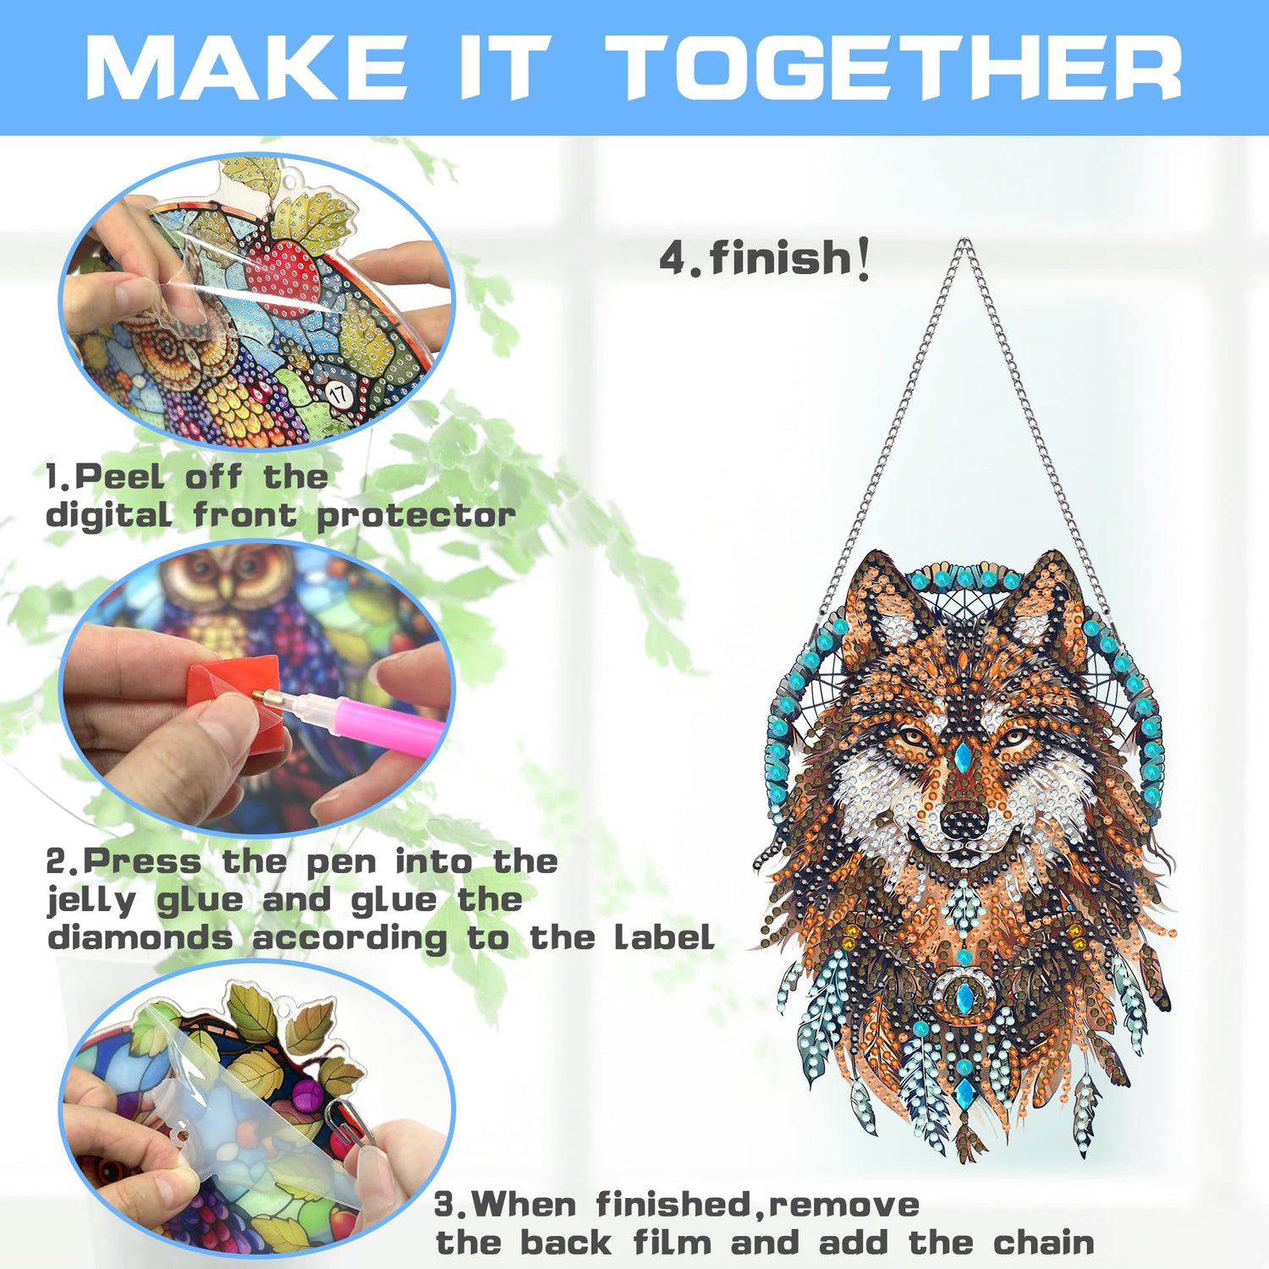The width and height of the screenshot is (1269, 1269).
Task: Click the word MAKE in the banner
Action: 247,68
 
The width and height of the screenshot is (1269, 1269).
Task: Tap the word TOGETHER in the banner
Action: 895,68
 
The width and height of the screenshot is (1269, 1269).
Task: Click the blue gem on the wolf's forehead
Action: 962,758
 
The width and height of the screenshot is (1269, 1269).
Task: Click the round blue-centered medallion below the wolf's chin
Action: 963,998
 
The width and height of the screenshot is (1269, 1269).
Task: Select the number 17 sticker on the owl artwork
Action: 339,393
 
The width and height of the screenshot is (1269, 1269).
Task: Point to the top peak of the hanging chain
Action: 963,241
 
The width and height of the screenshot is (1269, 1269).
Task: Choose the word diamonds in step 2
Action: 140,937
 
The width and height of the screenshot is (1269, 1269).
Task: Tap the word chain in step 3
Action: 1043,1243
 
